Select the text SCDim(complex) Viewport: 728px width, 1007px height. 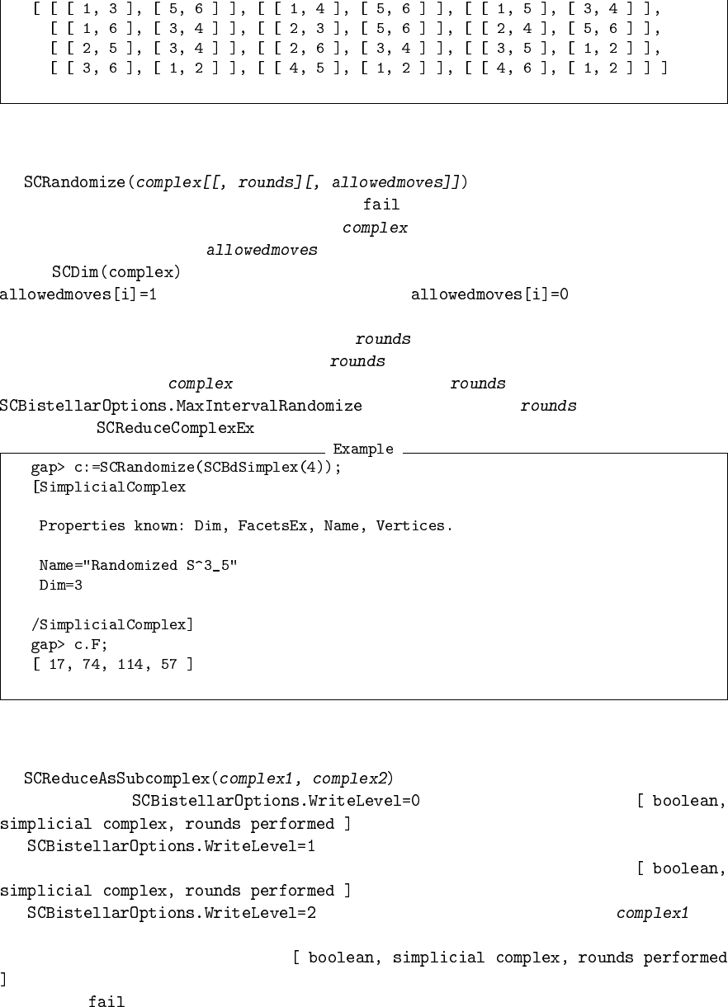pos(116,272)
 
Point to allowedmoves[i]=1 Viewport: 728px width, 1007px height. pos(78,294)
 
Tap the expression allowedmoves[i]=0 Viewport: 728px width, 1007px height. pos(489,294)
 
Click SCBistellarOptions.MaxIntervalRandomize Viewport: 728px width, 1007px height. pos(181,407)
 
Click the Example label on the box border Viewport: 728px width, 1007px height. pos(362,450)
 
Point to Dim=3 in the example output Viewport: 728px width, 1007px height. pos(61,586)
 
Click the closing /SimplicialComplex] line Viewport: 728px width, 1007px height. pos(111,625)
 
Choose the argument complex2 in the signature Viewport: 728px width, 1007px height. pos(353,779)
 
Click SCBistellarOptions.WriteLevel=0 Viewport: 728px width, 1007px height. pos(275,801)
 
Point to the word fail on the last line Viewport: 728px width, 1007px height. pos(106,1002)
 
